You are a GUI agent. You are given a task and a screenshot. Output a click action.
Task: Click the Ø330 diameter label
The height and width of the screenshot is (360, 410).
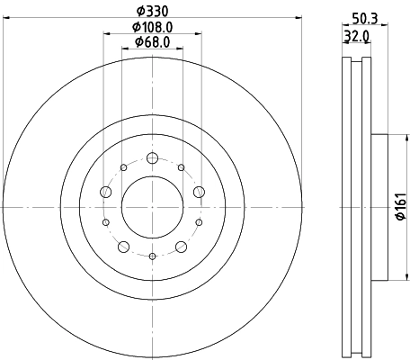pyautogui.click(x=152, y=11)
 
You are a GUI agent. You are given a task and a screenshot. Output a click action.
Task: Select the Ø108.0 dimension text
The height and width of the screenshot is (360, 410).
pyautogui.click(x=152, y=27)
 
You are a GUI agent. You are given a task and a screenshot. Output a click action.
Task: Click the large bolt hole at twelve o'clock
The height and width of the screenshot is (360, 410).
pyautogui.click(x=152, y=159)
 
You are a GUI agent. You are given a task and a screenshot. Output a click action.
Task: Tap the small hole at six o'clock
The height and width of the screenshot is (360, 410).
pyautogui.click(x=152, y=257)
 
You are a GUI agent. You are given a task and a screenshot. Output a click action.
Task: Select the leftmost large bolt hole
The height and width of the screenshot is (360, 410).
pyautogui.click(x=106, y=193)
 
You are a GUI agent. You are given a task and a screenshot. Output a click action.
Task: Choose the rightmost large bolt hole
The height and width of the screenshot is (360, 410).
pyautogui.click(x=198, y=193)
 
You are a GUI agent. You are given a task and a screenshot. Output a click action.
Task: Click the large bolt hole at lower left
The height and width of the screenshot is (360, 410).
pyautogui.click(x=124, y=246)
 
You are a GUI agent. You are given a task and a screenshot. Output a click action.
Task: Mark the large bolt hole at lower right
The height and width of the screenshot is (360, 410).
pyautogui.click(x=180, y=246)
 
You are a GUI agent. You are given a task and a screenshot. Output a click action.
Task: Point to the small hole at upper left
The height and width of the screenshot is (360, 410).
pyautogui.click(x=122, y=167)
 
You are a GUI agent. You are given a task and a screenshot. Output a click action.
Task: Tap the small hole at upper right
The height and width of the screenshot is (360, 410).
pyautogui.click(x=182, y=167)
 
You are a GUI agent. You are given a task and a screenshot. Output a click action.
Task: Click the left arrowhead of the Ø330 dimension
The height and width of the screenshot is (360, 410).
pyautogui.click(x=7, y=20)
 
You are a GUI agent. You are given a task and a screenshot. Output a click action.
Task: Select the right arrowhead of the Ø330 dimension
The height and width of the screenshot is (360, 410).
pyautogui.click(x=297, y=20)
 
